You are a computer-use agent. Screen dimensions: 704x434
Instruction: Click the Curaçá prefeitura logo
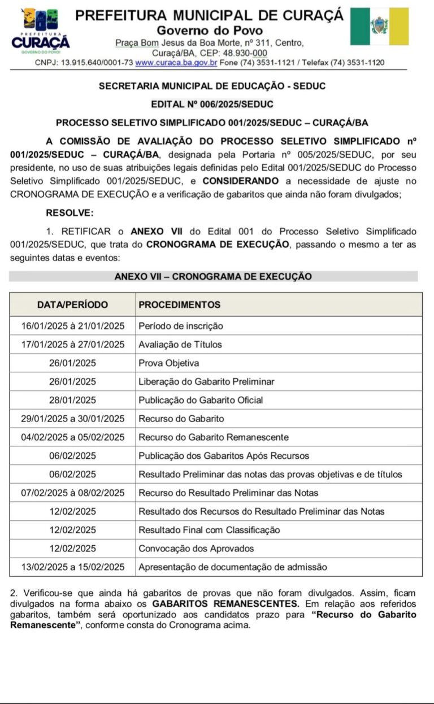click(40, 32)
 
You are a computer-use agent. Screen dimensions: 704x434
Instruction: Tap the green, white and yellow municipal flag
click(379, 27)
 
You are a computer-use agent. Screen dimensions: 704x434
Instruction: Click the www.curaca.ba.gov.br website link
click(176, 63)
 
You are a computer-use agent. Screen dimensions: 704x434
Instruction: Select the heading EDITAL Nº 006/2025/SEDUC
click(212, 104)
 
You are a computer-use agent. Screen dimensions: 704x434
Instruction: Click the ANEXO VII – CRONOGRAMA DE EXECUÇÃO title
click(213, 276)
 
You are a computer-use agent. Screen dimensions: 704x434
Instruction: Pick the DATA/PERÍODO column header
click(72, 305)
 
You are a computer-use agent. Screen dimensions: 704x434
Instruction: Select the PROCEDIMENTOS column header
click(180, 305)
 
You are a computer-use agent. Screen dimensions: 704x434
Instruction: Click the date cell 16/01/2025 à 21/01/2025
click(72, 326)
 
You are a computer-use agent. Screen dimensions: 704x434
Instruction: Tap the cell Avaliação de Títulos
click(180, 345)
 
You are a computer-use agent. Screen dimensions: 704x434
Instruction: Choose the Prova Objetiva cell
click(169, 363)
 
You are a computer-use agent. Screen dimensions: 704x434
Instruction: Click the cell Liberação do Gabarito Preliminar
click(206, 382)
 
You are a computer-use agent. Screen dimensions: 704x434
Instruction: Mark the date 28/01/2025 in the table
click(72, 401)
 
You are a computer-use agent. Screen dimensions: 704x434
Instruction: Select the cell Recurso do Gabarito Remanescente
click(214, 437)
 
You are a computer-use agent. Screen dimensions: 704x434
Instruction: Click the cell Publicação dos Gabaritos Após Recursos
click(224, 456)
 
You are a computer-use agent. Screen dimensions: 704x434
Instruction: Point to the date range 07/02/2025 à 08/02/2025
click(72, 493)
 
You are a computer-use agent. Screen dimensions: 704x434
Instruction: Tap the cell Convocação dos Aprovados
click(196, 549)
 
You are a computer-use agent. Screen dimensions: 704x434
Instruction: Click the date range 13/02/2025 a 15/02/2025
click(72, 567)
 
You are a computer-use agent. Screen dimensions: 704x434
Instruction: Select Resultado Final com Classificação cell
click(209, 530)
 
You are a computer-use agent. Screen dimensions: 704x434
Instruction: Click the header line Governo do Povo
click(210, 31)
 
